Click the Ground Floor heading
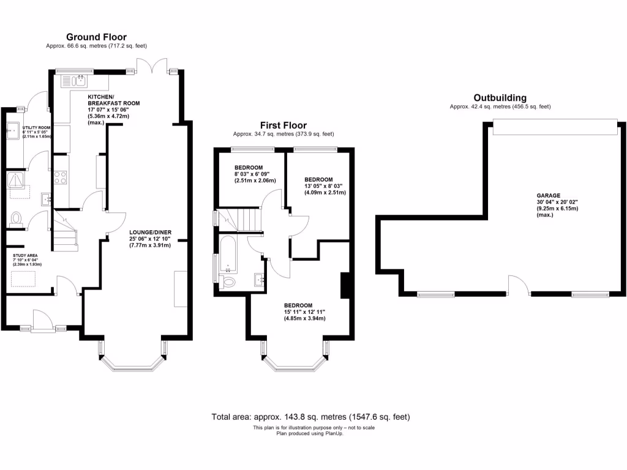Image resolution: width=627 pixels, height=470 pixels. click(x=96, y=37)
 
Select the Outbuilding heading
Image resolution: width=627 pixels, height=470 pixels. click(x=500, y=98)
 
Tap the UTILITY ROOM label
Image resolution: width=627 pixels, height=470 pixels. click(x=36, y=128)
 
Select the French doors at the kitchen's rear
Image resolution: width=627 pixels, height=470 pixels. click(x=151, y=64)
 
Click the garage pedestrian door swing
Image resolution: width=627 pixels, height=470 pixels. click(x=518, y=285)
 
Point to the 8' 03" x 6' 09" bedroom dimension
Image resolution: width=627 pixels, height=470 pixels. click(x=255, y=174)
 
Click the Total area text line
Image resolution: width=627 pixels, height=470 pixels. click(x=310, y=417)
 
